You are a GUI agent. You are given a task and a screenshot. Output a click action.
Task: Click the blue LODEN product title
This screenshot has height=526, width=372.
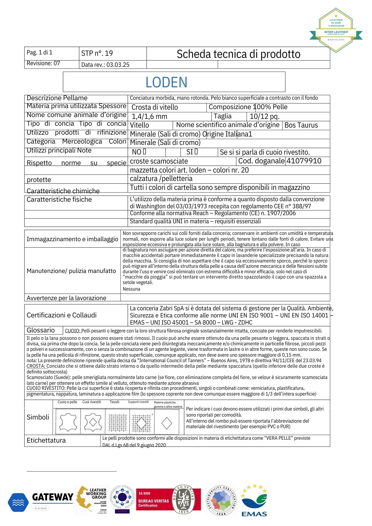point(166,82)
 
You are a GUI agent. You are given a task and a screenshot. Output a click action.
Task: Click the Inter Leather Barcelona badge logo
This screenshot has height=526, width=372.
point(336,30)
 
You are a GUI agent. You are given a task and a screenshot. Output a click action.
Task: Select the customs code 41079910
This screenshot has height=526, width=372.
point(304,161)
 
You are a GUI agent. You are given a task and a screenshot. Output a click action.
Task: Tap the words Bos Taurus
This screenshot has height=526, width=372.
point(301,125)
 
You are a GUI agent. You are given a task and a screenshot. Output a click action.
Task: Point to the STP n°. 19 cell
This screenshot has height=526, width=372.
point(97,53)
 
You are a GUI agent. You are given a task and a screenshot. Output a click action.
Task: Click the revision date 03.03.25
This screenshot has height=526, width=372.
point(118,65)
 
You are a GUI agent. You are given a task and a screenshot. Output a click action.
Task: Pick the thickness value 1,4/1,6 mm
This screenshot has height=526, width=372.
point(149,116)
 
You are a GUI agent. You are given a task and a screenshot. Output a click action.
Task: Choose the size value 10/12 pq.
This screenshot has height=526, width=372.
point(264,116)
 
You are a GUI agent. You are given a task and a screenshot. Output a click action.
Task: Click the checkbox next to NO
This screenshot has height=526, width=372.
point(144,152)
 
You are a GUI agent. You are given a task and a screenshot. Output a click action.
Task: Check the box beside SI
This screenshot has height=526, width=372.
point(196,152)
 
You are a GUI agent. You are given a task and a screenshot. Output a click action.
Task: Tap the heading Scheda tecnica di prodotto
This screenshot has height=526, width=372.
point(238,54)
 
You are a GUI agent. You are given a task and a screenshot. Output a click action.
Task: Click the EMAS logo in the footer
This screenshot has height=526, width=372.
point(254,501)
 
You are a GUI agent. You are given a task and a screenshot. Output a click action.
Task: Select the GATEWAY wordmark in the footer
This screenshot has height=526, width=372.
point(53,497)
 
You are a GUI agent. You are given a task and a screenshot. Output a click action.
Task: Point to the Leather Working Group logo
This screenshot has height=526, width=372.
point(92,499)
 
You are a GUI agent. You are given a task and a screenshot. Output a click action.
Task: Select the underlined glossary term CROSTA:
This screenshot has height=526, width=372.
point(36,366)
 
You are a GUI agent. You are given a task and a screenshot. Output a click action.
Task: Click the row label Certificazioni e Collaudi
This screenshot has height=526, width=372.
point(62,315)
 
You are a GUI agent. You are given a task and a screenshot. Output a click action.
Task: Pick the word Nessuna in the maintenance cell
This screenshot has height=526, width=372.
point(131,289)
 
